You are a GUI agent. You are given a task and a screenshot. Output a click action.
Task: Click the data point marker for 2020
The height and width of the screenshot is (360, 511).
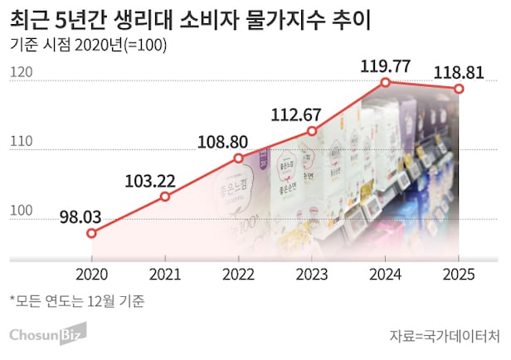pyautogui.click(x=91, y=233)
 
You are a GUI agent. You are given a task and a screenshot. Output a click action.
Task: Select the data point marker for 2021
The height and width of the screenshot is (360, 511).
pyautogui.click(x=165, y=197)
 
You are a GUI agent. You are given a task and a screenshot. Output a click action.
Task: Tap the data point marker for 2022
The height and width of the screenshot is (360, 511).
pyautogui.click(x=239, y=158)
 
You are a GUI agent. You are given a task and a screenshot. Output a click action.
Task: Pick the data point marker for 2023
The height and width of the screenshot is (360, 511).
pyautogui.click(x=312, y=131)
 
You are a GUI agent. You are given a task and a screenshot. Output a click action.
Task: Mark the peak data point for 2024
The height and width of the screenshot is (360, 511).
pyautogui.click(x=386, y=82)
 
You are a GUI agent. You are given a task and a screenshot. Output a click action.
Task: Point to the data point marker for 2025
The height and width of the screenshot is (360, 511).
pyautogui.click(x=459, y=89)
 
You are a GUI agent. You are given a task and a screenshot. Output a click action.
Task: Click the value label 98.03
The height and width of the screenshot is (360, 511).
pyautogui.click(x=80, y=217)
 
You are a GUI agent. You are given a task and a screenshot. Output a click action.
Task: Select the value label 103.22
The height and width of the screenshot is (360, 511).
pyautogui.click(x=155, y=180)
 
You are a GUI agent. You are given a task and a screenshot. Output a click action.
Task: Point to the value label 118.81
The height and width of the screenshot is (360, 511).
pyautogui.click(x=459, y=71)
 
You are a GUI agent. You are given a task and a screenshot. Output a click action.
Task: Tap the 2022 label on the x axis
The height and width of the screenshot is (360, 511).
pyautogui.click(x=239, y=273)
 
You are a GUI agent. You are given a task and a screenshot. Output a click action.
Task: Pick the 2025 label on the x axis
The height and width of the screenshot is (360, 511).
pyautogui.click(x=459, y=273)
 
